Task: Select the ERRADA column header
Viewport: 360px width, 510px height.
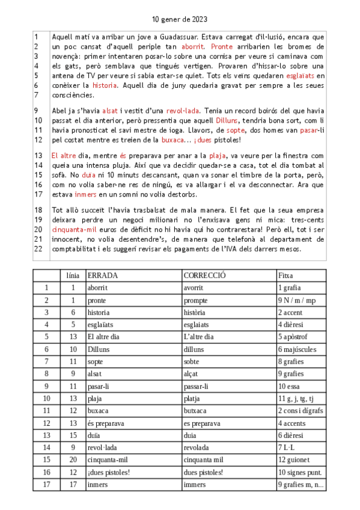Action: click(x=103, y=275)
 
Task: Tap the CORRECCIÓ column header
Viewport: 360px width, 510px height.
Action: click(x=204, y=275)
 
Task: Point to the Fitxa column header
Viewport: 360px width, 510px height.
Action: click(x=285, y=275)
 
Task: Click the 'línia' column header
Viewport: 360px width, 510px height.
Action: click(x=73, y=275)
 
